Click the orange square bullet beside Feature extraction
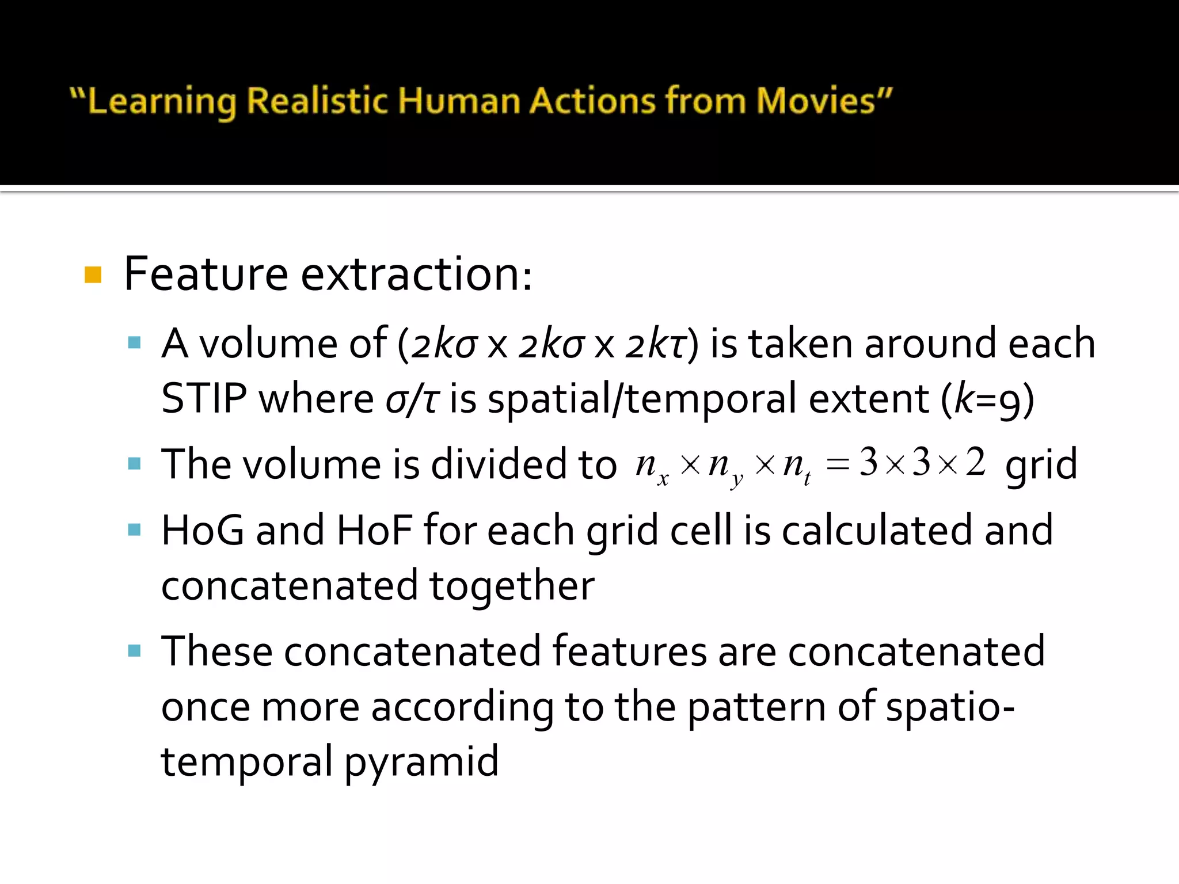point(93,275)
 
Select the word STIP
point(204,398)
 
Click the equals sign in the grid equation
point(837,464)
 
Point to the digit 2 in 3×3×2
point(975,462)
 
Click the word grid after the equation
point(1041,465)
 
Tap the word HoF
point(375,529)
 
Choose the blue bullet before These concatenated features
point(135,651)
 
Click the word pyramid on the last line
point(421,762)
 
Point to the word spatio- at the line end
point(950,707)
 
